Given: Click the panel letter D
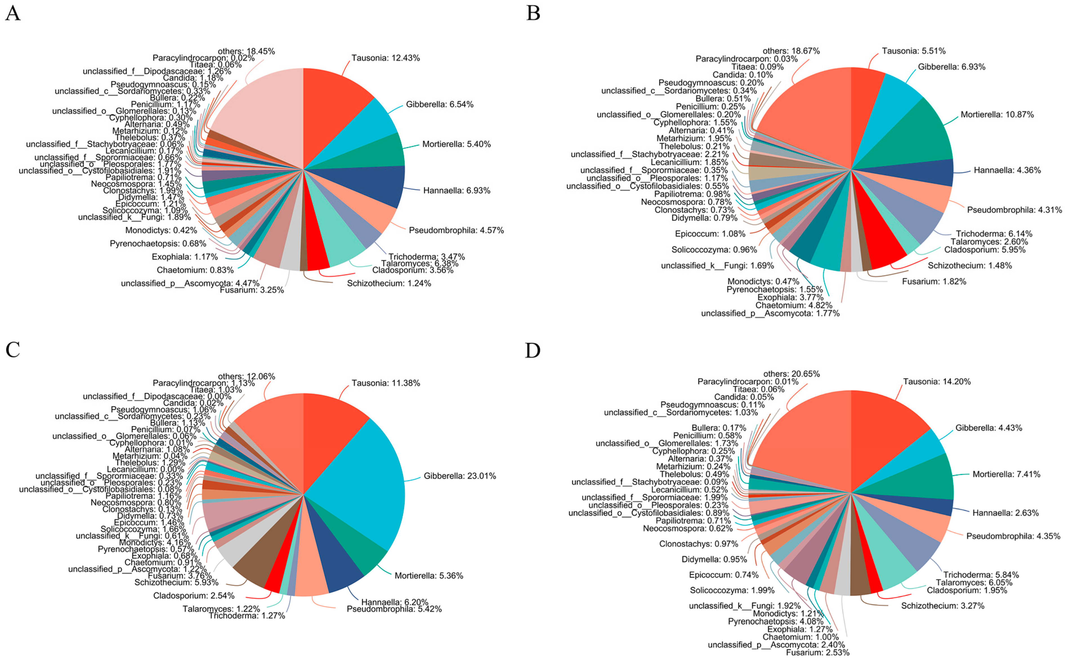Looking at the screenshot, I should [533, 350].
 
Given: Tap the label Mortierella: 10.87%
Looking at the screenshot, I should [997, 115].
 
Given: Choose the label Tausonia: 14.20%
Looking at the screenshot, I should [937, 382].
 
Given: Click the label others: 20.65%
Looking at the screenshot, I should [791, 374].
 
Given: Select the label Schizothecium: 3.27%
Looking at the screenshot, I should [942, 606].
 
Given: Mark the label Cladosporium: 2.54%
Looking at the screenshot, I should [194, 596].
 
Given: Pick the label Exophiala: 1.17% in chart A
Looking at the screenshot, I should [185, 257].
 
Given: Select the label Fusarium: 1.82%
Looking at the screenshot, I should [934, 282].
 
